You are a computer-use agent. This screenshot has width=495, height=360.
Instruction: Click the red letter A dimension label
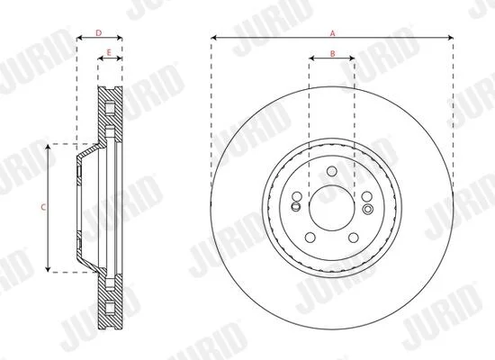click(332, 32)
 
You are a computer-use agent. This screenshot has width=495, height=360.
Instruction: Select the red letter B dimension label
click(332, 54)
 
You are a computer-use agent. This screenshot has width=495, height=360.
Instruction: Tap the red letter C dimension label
click(43, 208)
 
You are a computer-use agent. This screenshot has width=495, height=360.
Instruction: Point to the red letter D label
click(99, 32)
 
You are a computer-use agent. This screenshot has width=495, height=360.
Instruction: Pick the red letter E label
click(109, 53)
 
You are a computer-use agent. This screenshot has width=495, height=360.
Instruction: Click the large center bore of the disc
click(332, 208)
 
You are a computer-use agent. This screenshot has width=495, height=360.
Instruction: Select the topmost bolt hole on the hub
click(332, 172)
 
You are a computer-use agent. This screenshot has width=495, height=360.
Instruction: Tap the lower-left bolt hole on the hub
click(310, 238)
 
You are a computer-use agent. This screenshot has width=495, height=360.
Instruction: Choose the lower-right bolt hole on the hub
click(354, 238)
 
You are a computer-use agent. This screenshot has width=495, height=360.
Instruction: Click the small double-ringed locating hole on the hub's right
click(368, 209)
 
